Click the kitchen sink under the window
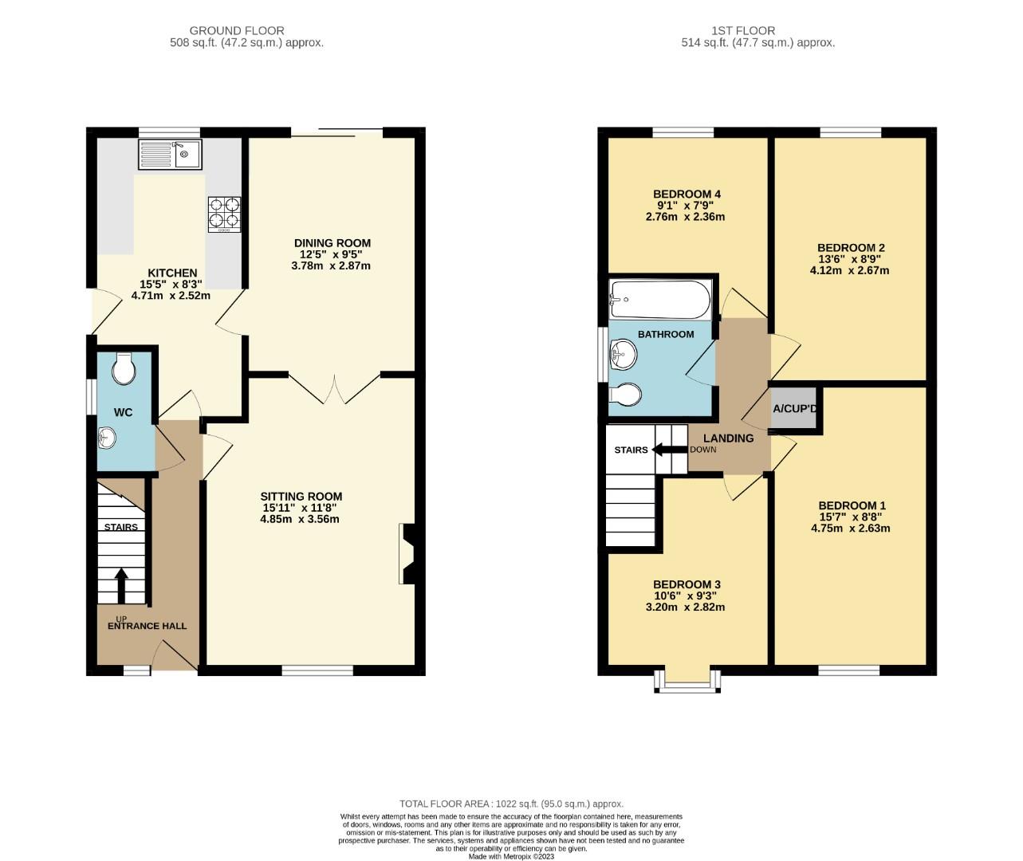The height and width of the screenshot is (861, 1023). coord(170,154)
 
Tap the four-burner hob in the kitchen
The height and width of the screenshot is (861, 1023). coord(224,214)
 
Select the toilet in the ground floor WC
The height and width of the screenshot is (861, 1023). coord(124,368)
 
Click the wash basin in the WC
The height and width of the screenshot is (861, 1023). coord(107,437)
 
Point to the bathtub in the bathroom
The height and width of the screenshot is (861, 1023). coord(659,298)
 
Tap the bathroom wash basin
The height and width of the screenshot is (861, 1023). coord(623,354)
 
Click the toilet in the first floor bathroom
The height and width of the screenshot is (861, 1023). coord(625,395)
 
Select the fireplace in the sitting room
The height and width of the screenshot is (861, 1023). coord(407,554)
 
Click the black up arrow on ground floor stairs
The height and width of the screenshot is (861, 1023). coord(121,584)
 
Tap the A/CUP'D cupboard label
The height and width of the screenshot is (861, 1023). coord(795,409)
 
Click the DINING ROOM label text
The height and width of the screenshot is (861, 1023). coord(332,243)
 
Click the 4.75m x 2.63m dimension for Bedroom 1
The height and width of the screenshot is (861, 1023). coord(851,528)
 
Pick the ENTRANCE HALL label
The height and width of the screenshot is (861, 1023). coord(147,626)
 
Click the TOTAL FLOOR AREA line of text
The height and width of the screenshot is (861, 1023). coord(511,804)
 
